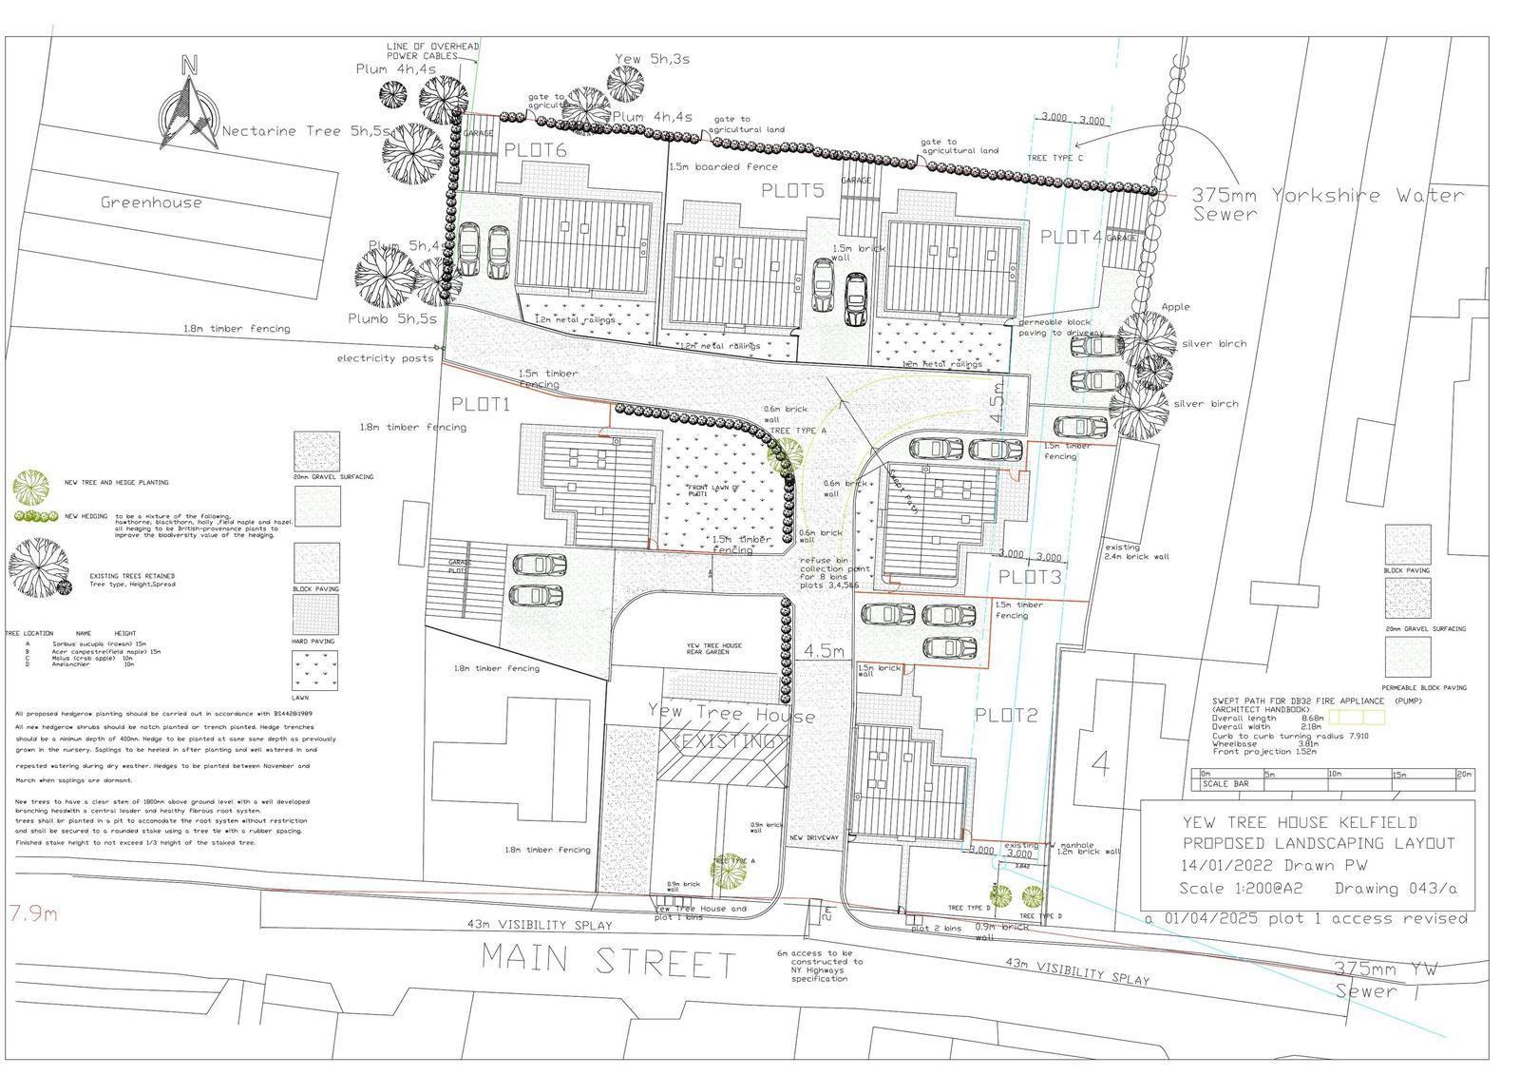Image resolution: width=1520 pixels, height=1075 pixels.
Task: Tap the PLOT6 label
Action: [535, 150]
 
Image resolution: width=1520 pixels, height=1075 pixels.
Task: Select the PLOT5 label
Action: [792, 191]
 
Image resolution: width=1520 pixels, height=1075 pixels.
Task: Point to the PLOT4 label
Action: [1071, 237]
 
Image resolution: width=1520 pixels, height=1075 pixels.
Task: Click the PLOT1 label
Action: [481, 404]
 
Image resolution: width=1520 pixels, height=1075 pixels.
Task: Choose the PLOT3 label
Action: [1030, 576]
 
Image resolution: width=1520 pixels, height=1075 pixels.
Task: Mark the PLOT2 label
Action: [1006, 715]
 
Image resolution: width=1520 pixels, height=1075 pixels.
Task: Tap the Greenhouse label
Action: [152, 202]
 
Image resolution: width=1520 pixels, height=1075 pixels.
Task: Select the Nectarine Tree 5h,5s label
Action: [306, 131]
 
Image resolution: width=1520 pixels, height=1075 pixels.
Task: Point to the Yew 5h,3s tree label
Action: [652, 59]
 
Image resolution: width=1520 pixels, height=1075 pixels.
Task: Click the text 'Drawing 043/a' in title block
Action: [1396, 889]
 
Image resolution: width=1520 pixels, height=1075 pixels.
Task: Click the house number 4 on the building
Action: [1100, 763]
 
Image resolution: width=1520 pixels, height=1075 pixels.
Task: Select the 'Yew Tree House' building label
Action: [731, 715]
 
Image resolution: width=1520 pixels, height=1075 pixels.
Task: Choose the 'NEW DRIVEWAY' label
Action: [814, 837]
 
